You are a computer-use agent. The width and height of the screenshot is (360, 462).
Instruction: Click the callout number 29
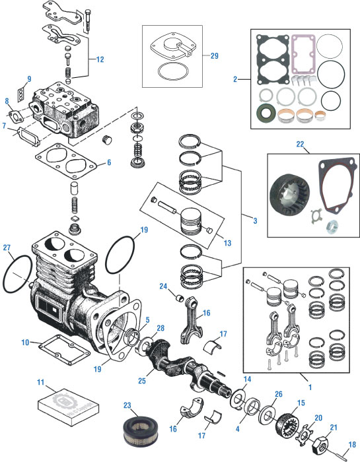(215, 55)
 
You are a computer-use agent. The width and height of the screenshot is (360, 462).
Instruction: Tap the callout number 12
(100, 59)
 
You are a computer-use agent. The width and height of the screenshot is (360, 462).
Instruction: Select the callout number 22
(300, 145)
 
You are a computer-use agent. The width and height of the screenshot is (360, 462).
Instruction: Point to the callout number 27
(7, 247)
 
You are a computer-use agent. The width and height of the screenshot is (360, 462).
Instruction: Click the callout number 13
(228, 243)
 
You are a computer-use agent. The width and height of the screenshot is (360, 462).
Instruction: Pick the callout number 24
(163, 286)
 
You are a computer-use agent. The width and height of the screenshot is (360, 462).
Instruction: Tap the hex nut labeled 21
(320, 444)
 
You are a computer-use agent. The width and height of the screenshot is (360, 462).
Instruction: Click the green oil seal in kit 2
(267, 113)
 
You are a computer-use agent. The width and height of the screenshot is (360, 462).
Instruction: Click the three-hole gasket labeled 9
(20, 94)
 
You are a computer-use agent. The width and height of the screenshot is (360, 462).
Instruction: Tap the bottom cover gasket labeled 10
(64, 349)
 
